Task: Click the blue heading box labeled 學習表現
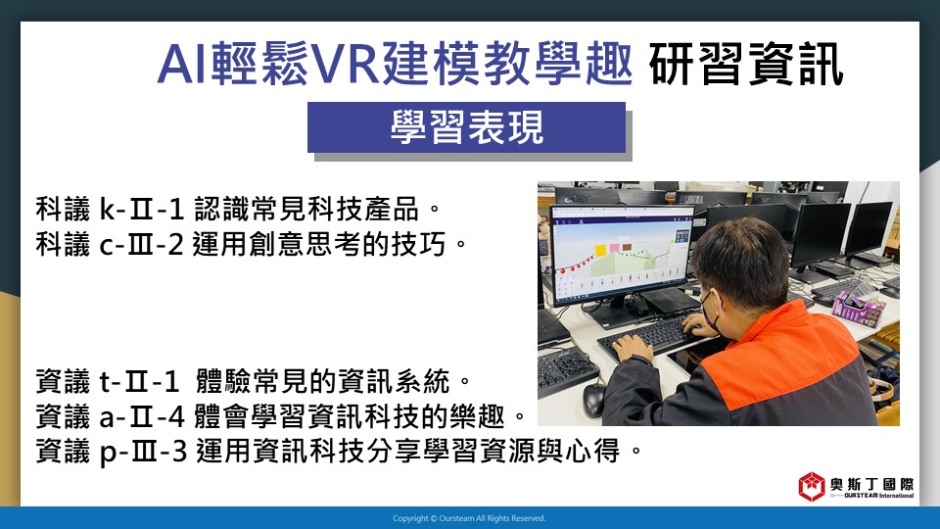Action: tap(466, 127)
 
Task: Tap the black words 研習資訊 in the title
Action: tap(746, 65)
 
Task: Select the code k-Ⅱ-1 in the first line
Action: tap(141, 210)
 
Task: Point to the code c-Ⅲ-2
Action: tap(141, 244)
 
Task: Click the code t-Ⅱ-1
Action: tap(139, 381)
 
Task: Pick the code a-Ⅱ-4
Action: tap(142, 416)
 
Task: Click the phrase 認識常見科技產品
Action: tap(305, 210)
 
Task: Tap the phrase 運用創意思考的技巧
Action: tap(319, 244)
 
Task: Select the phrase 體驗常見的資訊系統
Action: tap(322, 381)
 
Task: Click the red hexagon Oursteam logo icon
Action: tap(812, 487)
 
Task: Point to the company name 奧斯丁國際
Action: tap(871, 484)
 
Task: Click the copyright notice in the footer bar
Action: tap(469, 518)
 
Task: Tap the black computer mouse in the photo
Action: tap(593, 400)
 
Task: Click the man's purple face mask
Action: tap(710, 311)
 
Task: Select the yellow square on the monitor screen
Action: tap(600, 250)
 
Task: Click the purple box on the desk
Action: tap(859, 307)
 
